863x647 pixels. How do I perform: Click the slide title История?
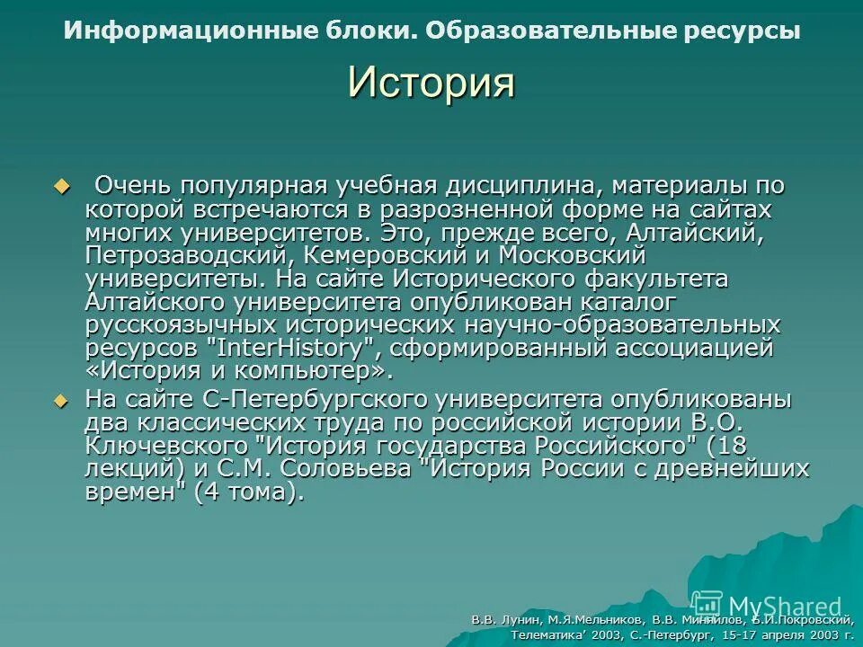pyautogui.click(x=431, y=84)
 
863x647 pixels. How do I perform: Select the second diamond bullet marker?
pyautogui.click(x=62, y=400)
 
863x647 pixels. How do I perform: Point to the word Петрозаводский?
pyautogui.click(x=187, y=255)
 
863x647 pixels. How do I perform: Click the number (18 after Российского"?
pyautogui.click(x=726, y=446)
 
